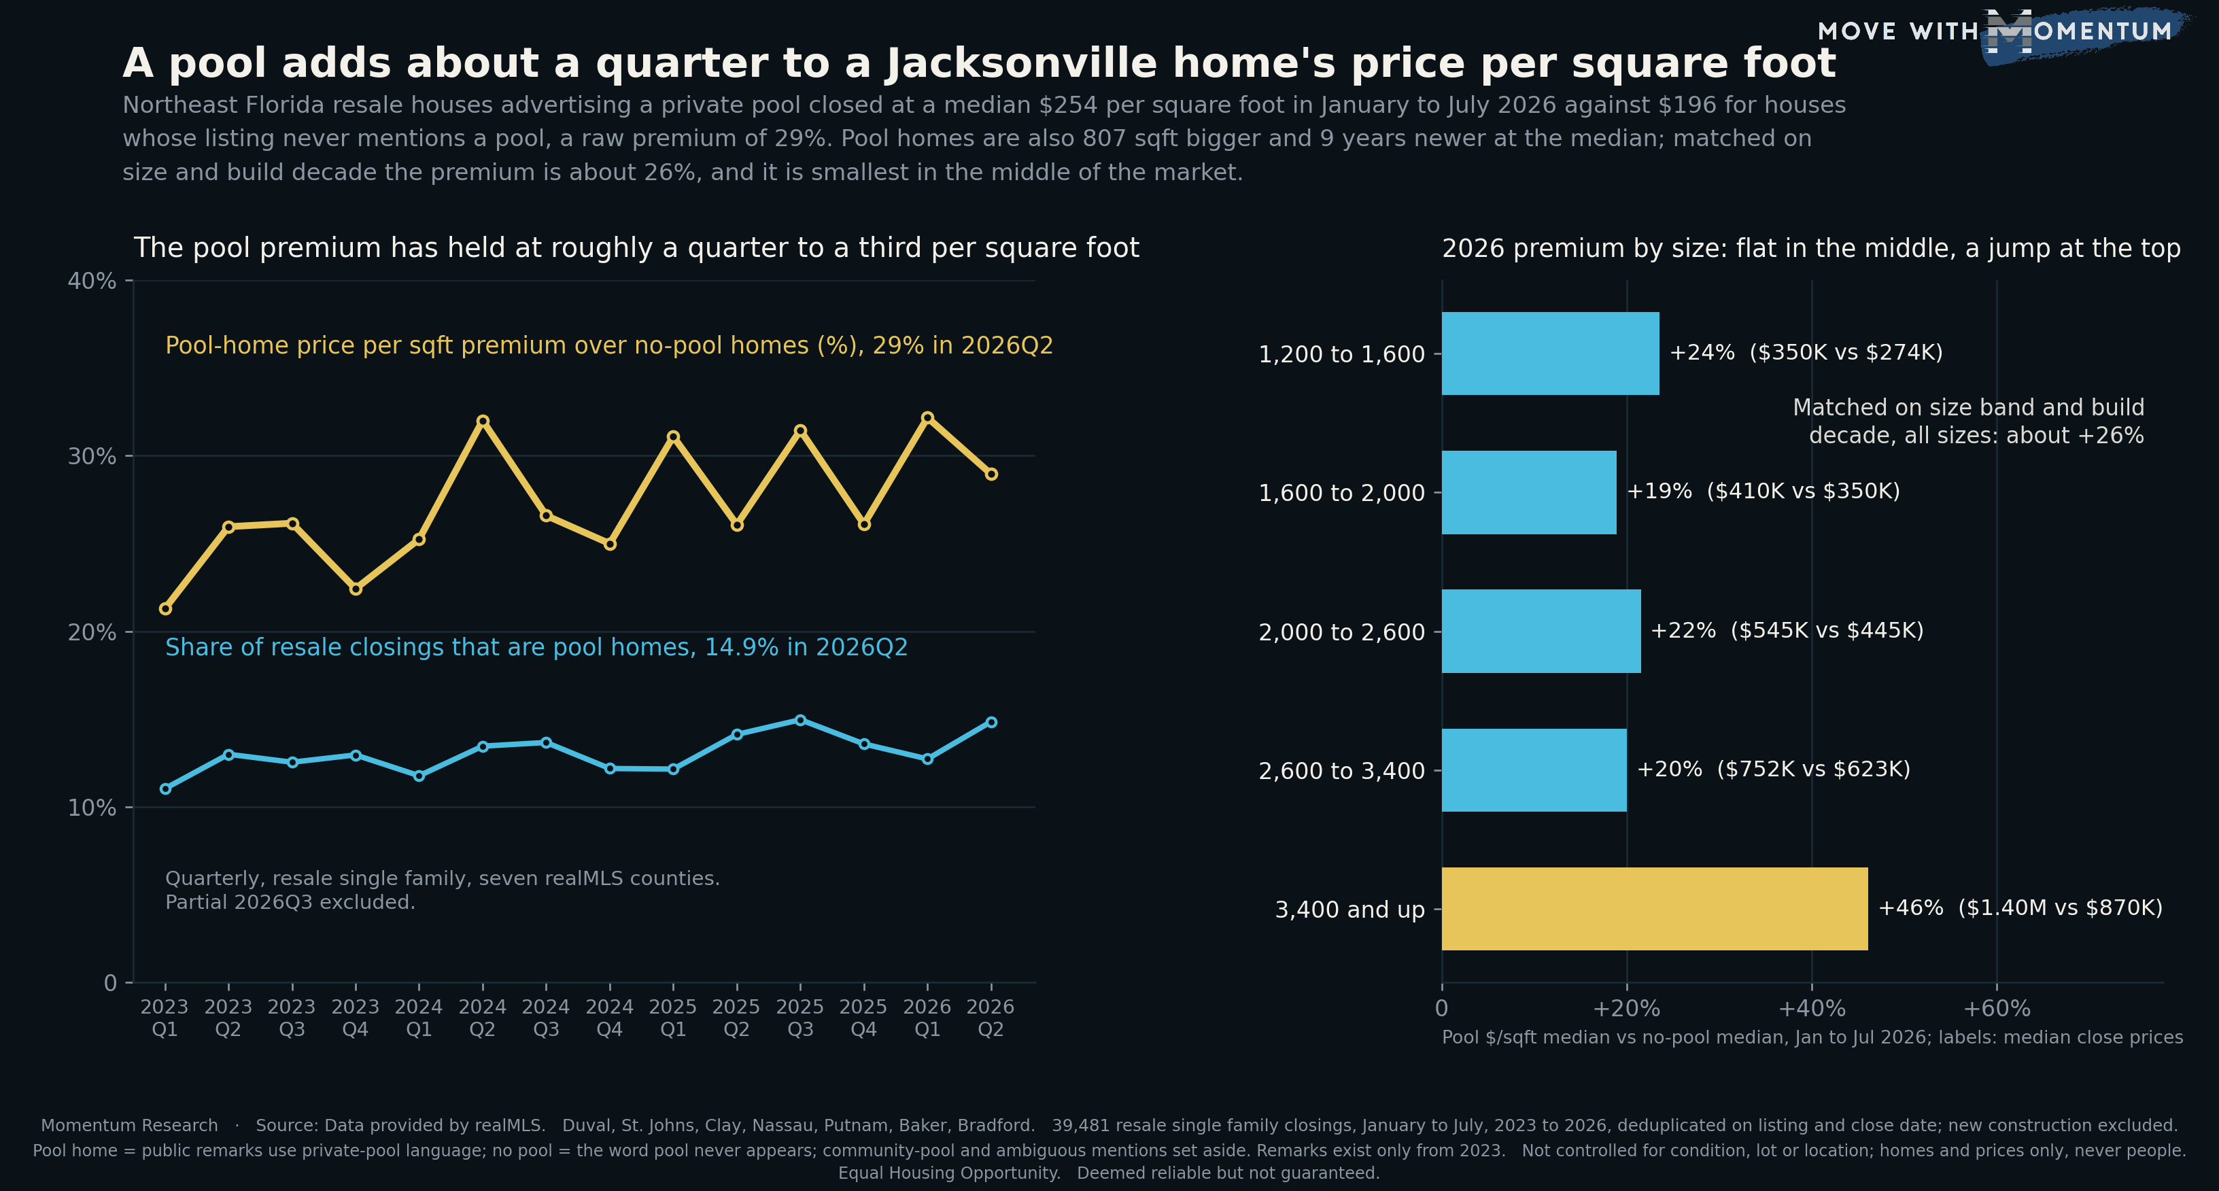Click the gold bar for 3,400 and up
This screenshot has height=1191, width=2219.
(1654, 908)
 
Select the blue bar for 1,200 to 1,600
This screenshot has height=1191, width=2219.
(1549, 353)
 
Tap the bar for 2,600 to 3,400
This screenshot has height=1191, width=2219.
(1534, 770)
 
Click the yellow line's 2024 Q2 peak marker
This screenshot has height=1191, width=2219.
(483, 421)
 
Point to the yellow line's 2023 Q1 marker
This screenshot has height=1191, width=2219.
(165, 609)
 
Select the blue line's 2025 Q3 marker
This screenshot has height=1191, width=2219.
(800, 720)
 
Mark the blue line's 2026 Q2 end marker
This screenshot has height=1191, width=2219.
(991, 722)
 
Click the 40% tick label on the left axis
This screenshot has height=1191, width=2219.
(91, 281)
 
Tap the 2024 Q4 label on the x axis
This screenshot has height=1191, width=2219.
(610, 1018)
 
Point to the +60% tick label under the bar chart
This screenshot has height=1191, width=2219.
(1996, 1008)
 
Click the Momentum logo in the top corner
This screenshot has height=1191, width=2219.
(1999, 33)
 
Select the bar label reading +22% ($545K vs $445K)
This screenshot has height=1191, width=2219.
(1787, 630)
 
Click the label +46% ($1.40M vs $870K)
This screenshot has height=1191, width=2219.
(2020, 908)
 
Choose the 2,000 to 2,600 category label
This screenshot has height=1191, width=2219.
(1341, 632)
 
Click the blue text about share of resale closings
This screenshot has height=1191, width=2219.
(536, 648)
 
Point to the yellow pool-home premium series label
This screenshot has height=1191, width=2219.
(609, 345)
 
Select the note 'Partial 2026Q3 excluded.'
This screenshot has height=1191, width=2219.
(290, 903)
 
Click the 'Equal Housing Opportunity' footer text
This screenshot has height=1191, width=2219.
(949, 1173)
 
